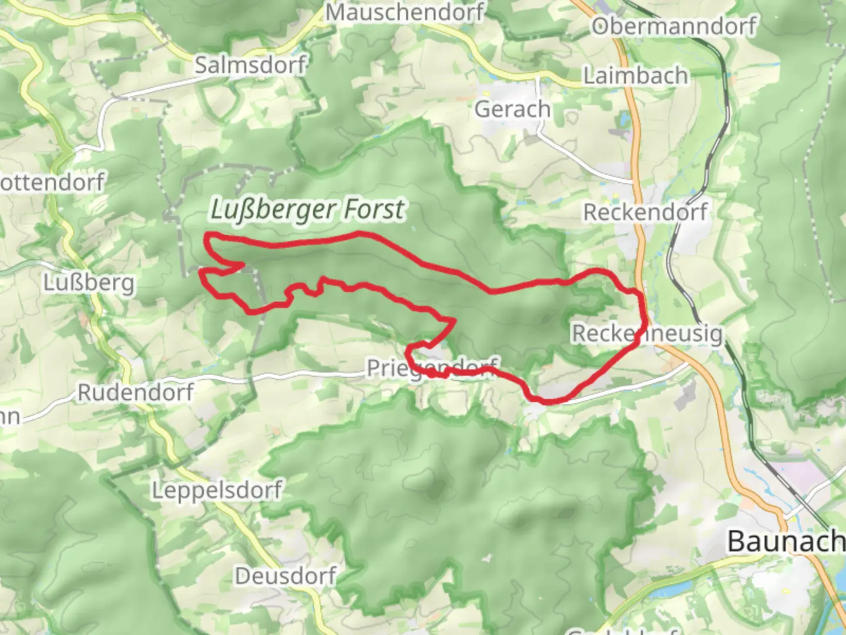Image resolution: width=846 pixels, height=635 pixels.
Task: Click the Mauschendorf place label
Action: coord(405,12)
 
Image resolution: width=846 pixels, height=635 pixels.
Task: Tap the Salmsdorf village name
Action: coord(250,65)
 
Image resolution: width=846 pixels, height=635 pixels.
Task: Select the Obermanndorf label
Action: coord(673,26)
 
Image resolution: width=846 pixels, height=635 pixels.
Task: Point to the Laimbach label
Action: coord(635,76)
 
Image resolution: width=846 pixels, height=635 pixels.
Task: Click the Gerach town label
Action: coord(512,109)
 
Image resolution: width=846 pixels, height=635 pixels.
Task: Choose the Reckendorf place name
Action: coord(645,212)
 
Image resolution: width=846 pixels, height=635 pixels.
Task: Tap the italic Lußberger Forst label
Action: coord(307,210)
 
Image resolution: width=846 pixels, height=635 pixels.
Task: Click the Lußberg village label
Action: coord(89,283)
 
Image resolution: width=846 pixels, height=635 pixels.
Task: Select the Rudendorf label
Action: coord(136,392)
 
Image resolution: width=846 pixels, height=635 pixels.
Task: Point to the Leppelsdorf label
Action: coord(217,490)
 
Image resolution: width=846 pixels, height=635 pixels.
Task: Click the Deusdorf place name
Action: coord(286,576)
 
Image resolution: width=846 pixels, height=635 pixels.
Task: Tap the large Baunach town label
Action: coord(785,541)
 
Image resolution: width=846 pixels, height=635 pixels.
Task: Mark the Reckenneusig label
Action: coord(647,333)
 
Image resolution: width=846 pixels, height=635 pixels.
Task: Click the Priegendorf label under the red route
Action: coord(432,369)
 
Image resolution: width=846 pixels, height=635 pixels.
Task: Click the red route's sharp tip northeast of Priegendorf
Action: coord(454,320)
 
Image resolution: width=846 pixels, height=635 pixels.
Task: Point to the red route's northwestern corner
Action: coord(207,236)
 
